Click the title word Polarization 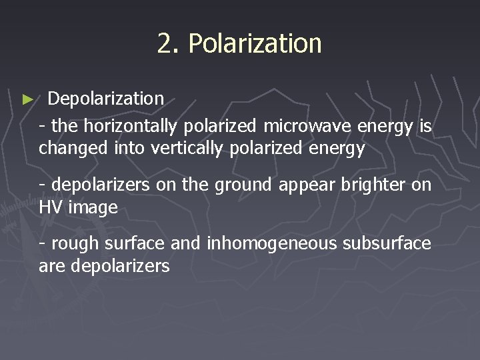255,44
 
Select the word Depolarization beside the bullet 106,99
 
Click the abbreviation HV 52,208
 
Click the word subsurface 387,244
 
